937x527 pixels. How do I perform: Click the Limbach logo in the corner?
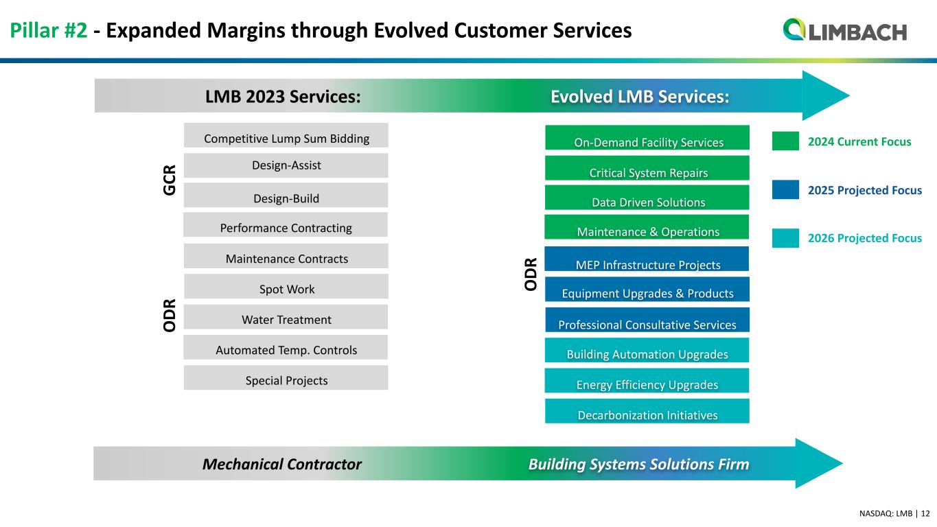pos(844,31)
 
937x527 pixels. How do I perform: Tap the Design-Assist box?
pos(286,165)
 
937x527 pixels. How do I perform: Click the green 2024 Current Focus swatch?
pos(785,141)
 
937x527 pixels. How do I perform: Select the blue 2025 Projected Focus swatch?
pos(785,190)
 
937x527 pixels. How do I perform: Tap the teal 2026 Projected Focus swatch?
pos(785,238)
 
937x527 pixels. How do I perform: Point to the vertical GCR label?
pos(170,179)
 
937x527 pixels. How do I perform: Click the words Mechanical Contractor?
pos(282,465)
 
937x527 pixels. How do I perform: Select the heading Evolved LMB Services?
pos(640,97)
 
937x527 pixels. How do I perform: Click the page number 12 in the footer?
pos(925,513)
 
